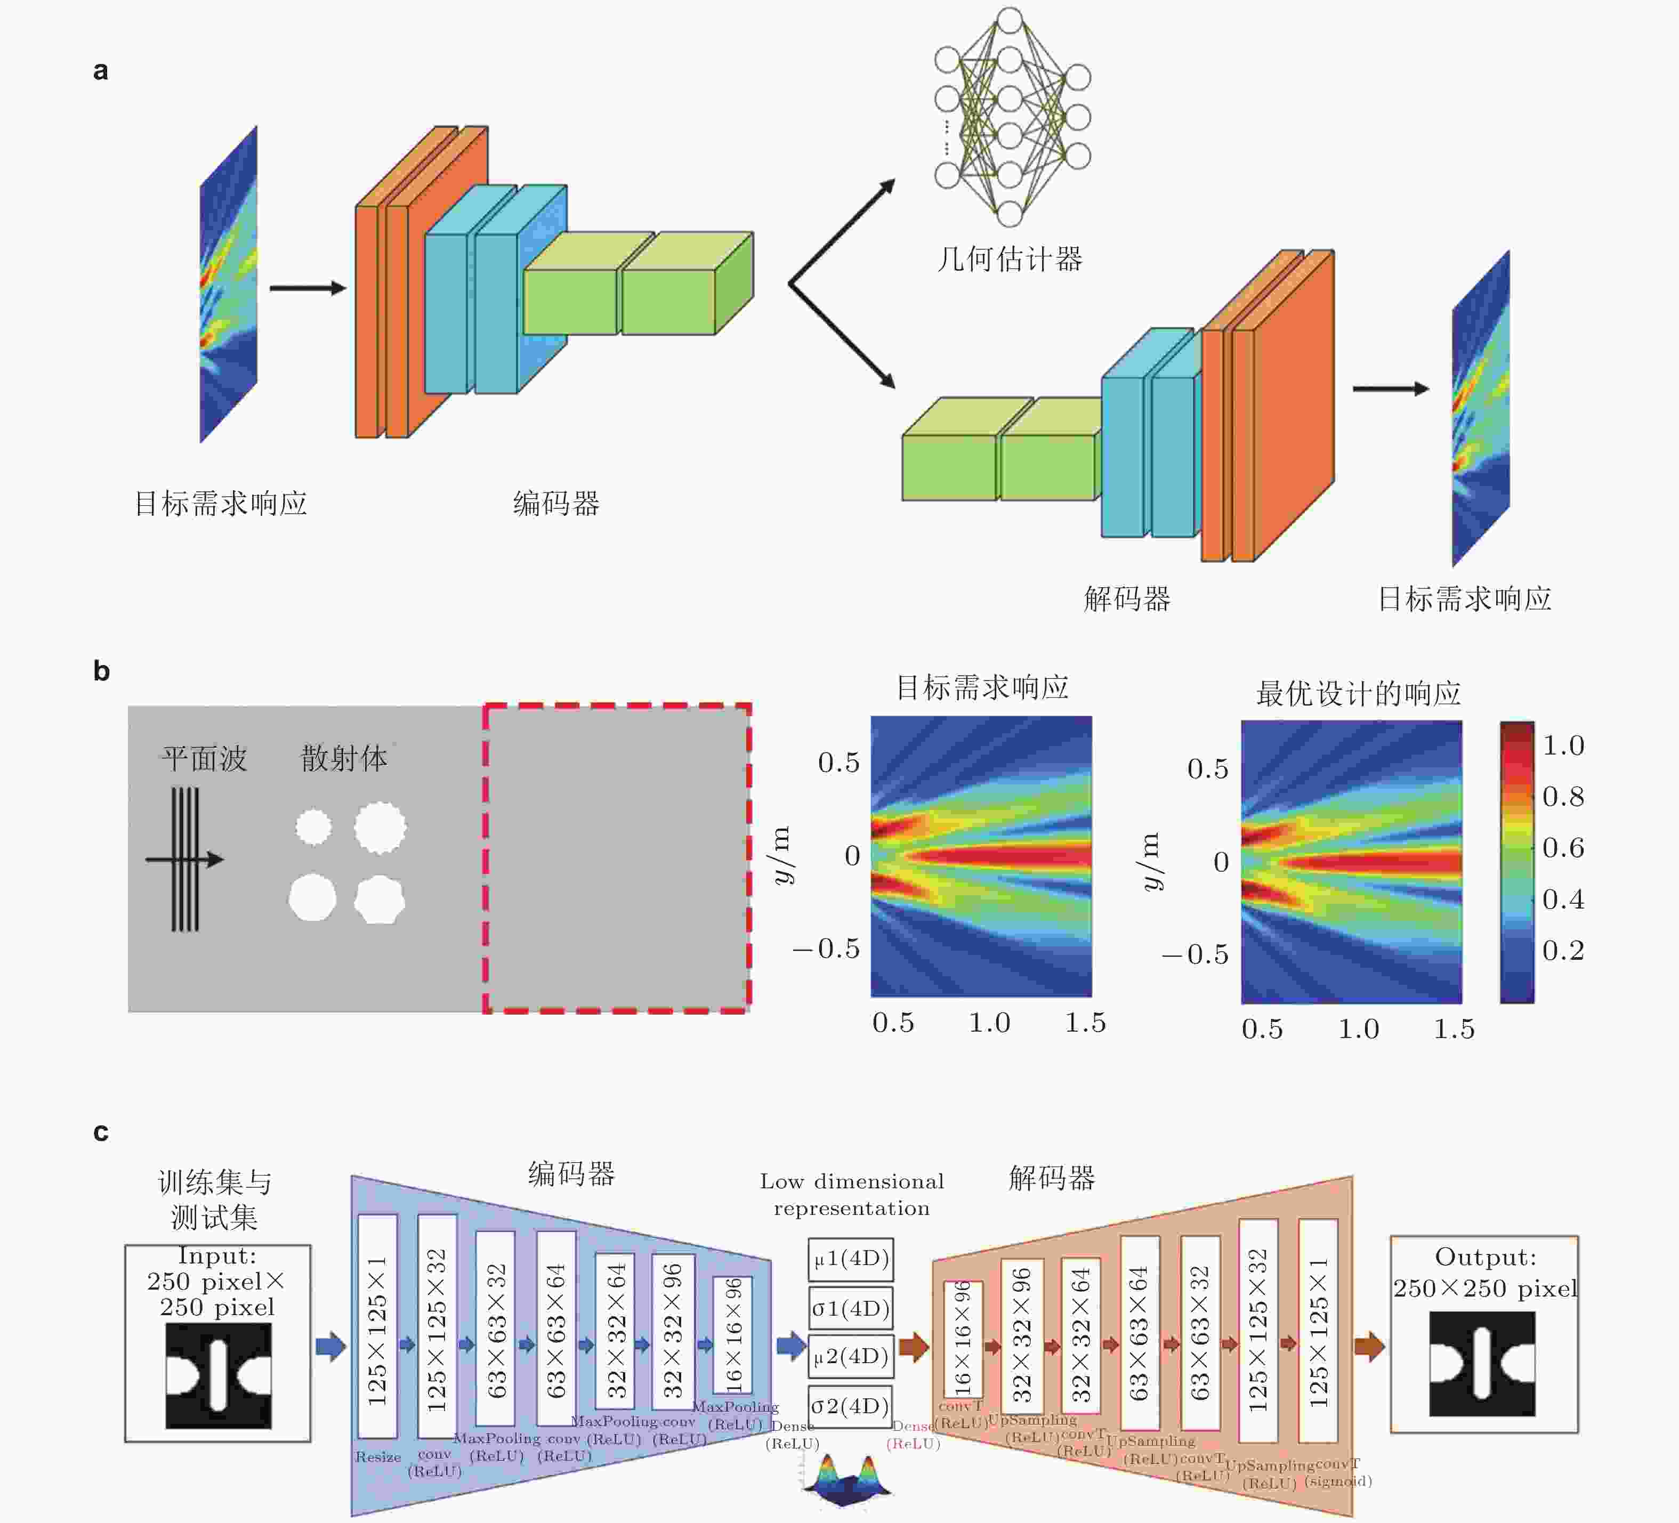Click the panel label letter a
click(x=101, y=71)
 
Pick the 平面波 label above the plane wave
click(x=204, y=759)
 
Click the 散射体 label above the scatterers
click(x=344, y=759)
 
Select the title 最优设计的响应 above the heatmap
click(x=1358, y=693)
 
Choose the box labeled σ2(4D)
click(x=850, y=1406)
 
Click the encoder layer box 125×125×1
click(x=377, y=1326)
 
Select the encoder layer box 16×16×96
click(x=733, y=1335)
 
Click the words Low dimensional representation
click(x=851, y=1194)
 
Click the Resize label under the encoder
click(x=378, y=1456)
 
